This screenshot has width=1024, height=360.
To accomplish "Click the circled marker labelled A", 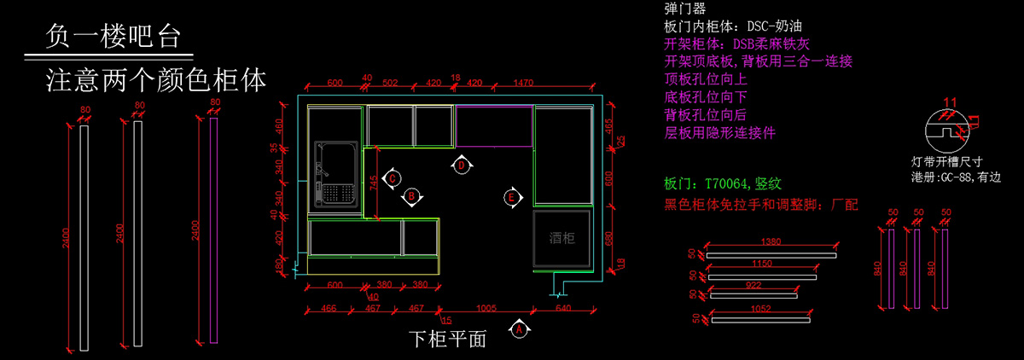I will tap(516, 327).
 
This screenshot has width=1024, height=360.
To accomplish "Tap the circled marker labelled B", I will tap(411, 196).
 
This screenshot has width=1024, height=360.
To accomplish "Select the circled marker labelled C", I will tap(393, 177).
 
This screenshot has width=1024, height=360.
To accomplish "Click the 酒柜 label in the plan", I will tap(562, 239).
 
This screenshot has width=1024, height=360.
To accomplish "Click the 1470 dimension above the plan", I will tap(522, 83).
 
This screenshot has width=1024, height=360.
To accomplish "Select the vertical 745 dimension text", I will tap(372, 183).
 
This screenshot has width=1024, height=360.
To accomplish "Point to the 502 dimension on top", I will tap(390, 83).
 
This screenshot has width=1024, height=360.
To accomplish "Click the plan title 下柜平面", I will tap(447, 339).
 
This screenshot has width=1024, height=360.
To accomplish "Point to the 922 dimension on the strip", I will tap(753, 285).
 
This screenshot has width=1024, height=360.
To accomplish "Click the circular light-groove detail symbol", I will tap(947, 133).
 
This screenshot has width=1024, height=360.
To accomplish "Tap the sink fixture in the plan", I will tap(335, 173).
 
